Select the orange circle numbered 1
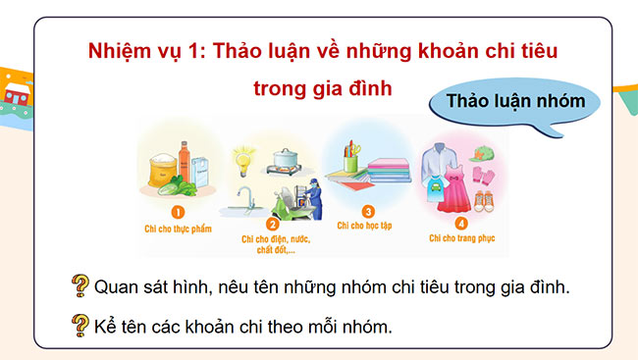[x=178, y=211]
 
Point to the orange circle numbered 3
[x=368, y=211]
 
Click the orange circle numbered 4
[x=461, y=222]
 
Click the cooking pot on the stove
[x=286, y=158]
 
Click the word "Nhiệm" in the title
[x=118, y=49]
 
